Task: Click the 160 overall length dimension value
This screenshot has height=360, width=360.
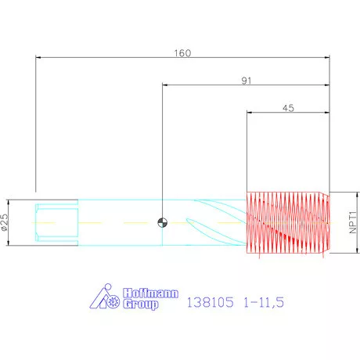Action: pyautogui.click(x=182, y=53)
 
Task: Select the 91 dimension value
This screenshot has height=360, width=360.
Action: pyautogui.click(x=247, y=81)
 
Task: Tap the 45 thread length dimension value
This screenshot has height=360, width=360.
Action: pyautogui.click(x=288, y=108)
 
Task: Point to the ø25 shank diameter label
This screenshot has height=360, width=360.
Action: pyautogui.click(x=5, y=222)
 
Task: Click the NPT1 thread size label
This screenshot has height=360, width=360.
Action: pyautogui.click(x=352, y=222)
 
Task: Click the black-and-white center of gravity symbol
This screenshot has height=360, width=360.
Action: pyautogui.click(x=162, y=222)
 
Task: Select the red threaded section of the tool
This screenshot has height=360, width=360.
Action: pyautogui.click(x=288, y=222)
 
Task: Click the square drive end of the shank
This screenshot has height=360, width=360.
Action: pyautogui.click(x=56, y=222)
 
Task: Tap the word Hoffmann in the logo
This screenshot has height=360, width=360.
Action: pyautogui.click(x=150, y=293)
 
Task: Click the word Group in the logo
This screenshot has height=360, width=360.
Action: pyautogui.click(x=141, y=304)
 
